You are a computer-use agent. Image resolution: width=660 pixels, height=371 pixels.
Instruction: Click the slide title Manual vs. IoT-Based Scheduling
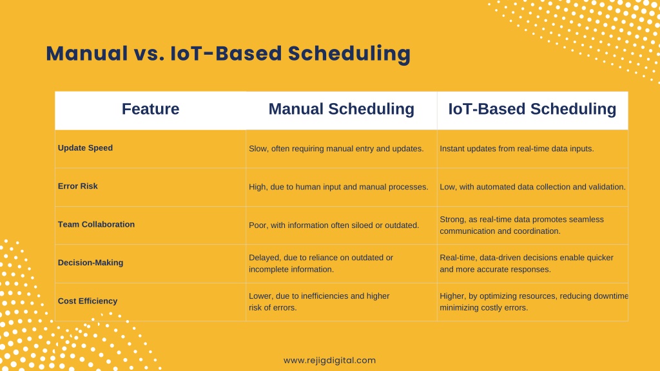(x=228, y=54)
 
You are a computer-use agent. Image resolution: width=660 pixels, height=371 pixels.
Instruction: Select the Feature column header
(x=150, y=109)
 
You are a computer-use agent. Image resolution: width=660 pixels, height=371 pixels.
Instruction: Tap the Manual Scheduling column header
(x=342, y=109)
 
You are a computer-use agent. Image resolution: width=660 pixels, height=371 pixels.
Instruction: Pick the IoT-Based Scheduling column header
(x=532, y=109)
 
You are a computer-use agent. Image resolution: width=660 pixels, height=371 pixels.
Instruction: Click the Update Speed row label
(x=85, y=148)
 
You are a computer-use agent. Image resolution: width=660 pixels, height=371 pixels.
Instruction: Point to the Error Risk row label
(x=77, y=186)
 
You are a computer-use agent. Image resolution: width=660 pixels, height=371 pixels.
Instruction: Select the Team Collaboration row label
(x=96, y=224)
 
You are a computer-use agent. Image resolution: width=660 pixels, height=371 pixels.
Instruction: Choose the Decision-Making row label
(x=90, y=263)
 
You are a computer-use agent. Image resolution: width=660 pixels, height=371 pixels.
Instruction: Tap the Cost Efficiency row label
(x=88, y=301)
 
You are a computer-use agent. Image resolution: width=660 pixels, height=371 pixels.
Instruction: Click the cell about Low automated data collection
(x=532, y=187)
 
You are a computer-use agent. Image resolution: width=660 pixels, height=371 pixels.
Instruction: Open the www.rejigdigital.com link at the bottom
(x=329, y=361)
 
